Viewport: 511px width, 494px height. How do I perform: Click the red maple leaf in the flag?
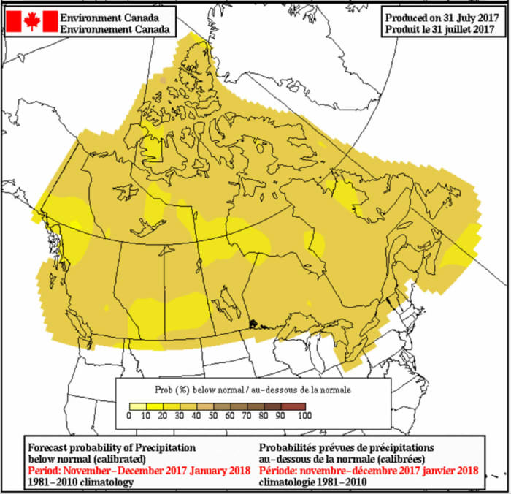pos(31,21)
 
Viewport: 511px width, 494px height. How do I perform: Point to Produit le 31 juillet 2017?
pos(442,29)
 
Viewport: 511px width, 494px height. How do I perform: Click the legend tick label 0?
pos(128,415)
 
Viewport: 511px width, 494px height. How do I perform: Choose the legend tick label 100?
pos(304,415)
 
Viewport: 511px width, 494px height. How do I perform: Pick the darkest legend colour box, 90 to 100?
pos(296,406)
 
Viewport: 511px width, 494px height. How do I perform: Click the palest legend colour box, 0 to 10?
pos(137,406)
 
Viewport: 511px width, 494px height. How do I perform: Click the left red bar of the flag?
pos(12,21)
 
